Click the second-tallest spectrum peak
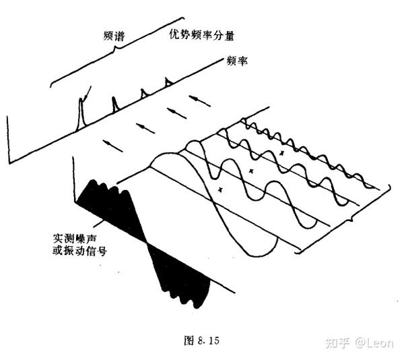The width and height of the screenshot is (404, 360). point(114,104)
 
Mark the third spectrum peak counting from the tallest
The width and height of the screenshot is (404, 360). point(143,94)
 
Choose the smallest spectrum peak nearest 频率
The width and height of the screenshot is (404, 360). point(168,83)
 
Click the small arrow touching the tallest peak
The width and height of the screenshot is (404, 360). point(86,92)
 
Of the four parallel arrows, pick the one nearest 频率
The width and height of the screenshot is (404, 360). point(199,100)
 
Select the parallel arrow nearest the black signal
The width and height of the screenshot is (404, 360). point(112,144)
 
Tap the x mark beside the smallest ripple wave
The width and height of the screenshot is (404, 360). point(282,154)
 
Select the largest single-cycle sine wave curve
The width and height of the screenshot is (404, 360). point(215,202)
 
